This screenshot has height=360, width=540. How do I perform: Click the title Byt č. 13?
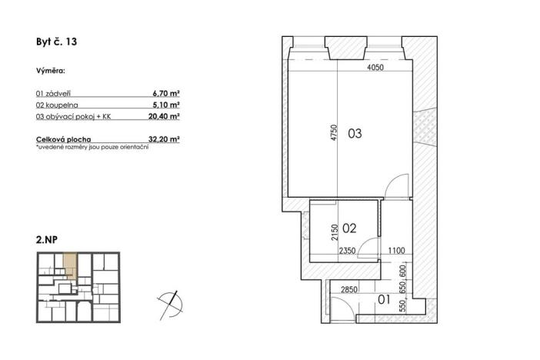(x=56, y=43)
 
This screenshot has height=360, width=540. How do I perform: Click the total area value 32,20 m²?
(x=164, y=139)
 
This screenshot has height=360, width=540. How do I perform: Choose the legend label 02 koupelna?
(x=57, y=105)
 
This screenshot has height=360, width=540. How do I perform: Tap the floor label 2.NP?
(x=47, y=240)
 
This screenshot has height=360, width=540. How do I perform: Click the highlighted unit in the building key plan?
(x=69, y=266)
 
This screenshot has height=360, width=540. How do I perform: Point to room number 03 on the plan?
(x=355, y=134)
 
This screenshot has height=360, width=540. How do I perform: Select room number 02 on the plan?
(x=348, y=228)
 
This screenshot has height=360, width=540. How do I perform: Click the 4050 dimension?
(x=375, y=67)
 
